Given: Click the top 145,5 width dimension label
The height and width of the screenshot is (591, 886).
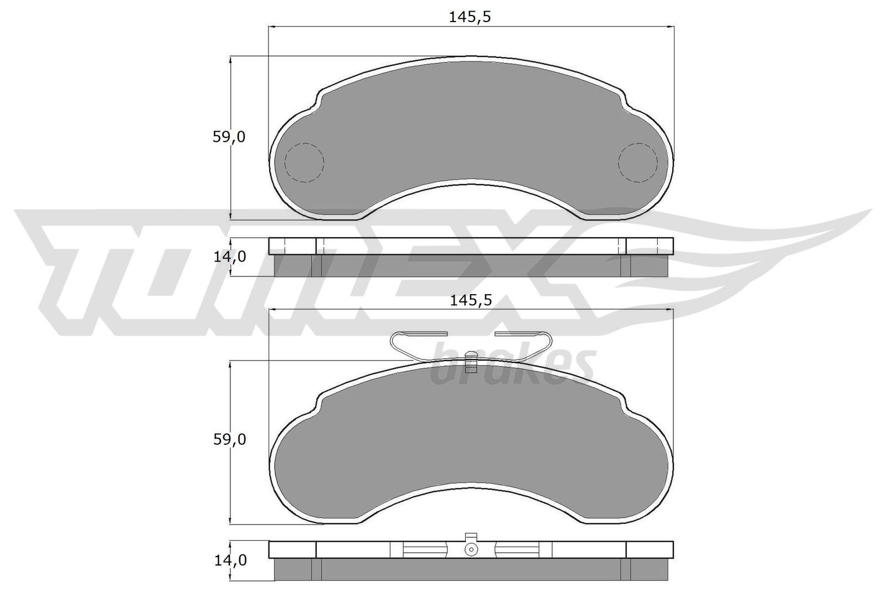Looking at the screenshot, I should coord(470,18).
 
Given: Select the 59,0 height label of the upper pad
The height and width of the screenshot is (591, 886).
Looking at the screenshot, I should coord(229,137).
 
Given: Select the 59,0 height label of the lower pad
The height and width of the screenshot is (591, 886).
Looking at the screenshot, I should coord(229,440).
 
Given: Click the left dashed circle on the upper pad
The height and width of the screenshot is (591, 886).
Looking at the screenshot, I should coord(303,162).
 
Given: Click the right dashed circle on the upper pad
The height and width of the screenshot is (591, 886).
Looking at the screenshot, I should coord(637,162).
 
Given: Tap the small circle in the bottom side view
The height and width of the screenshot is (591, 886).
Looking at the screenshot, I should coord(471,549).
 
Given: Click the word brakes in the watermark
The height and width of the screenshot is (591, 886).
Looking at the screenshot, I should coord(512,366).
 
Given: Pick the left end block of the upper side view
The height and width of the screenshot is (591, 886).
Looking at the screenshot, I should coord(292,246).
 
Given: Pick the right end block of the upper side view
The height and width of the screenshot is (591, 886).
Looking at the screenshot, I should coord(650,246).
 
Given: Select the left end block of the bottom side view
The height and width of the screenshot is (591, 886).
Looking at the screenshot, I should coord(292,549).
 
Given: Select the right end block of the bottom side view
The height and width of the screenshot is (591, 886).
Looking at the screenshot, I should coord(650,549).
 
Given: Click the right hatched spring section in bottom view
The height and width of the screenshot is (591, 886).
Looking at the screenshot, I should coord(517,549).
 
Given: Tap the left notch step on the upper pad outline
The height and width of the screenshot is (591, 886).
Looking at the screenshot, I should coord(318,102).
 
